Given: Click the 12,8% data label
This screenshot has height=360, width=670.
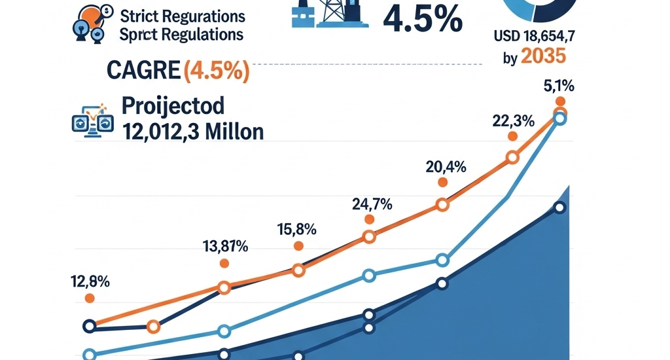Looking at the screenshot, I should point(90,282).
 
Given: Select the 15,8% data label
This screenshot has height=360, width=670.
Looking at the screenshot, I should point(298,230).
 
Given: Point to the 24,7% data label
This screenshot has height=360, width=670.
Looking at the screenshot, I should point(372,204).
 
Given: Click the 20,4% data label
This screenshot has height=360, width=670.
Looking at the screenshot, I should point(446,167).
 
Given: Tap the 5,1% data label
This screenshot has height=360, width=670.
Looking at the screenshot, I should point(559,84).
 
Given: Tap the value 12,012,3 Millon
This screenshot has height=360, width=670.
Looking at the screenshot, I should point(193,132).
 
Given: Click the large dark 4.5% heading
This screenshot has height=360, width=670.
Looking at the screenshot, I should point(422,19).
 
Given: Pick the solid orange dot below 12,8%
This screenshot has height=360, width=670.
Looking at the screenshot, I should point(90,298).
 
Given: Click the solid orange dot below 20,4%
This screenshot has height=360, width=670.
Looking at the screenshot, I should point(443,183).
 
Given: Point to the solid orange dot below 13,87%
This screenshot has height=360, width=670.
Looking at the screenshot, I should point(224,263).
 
